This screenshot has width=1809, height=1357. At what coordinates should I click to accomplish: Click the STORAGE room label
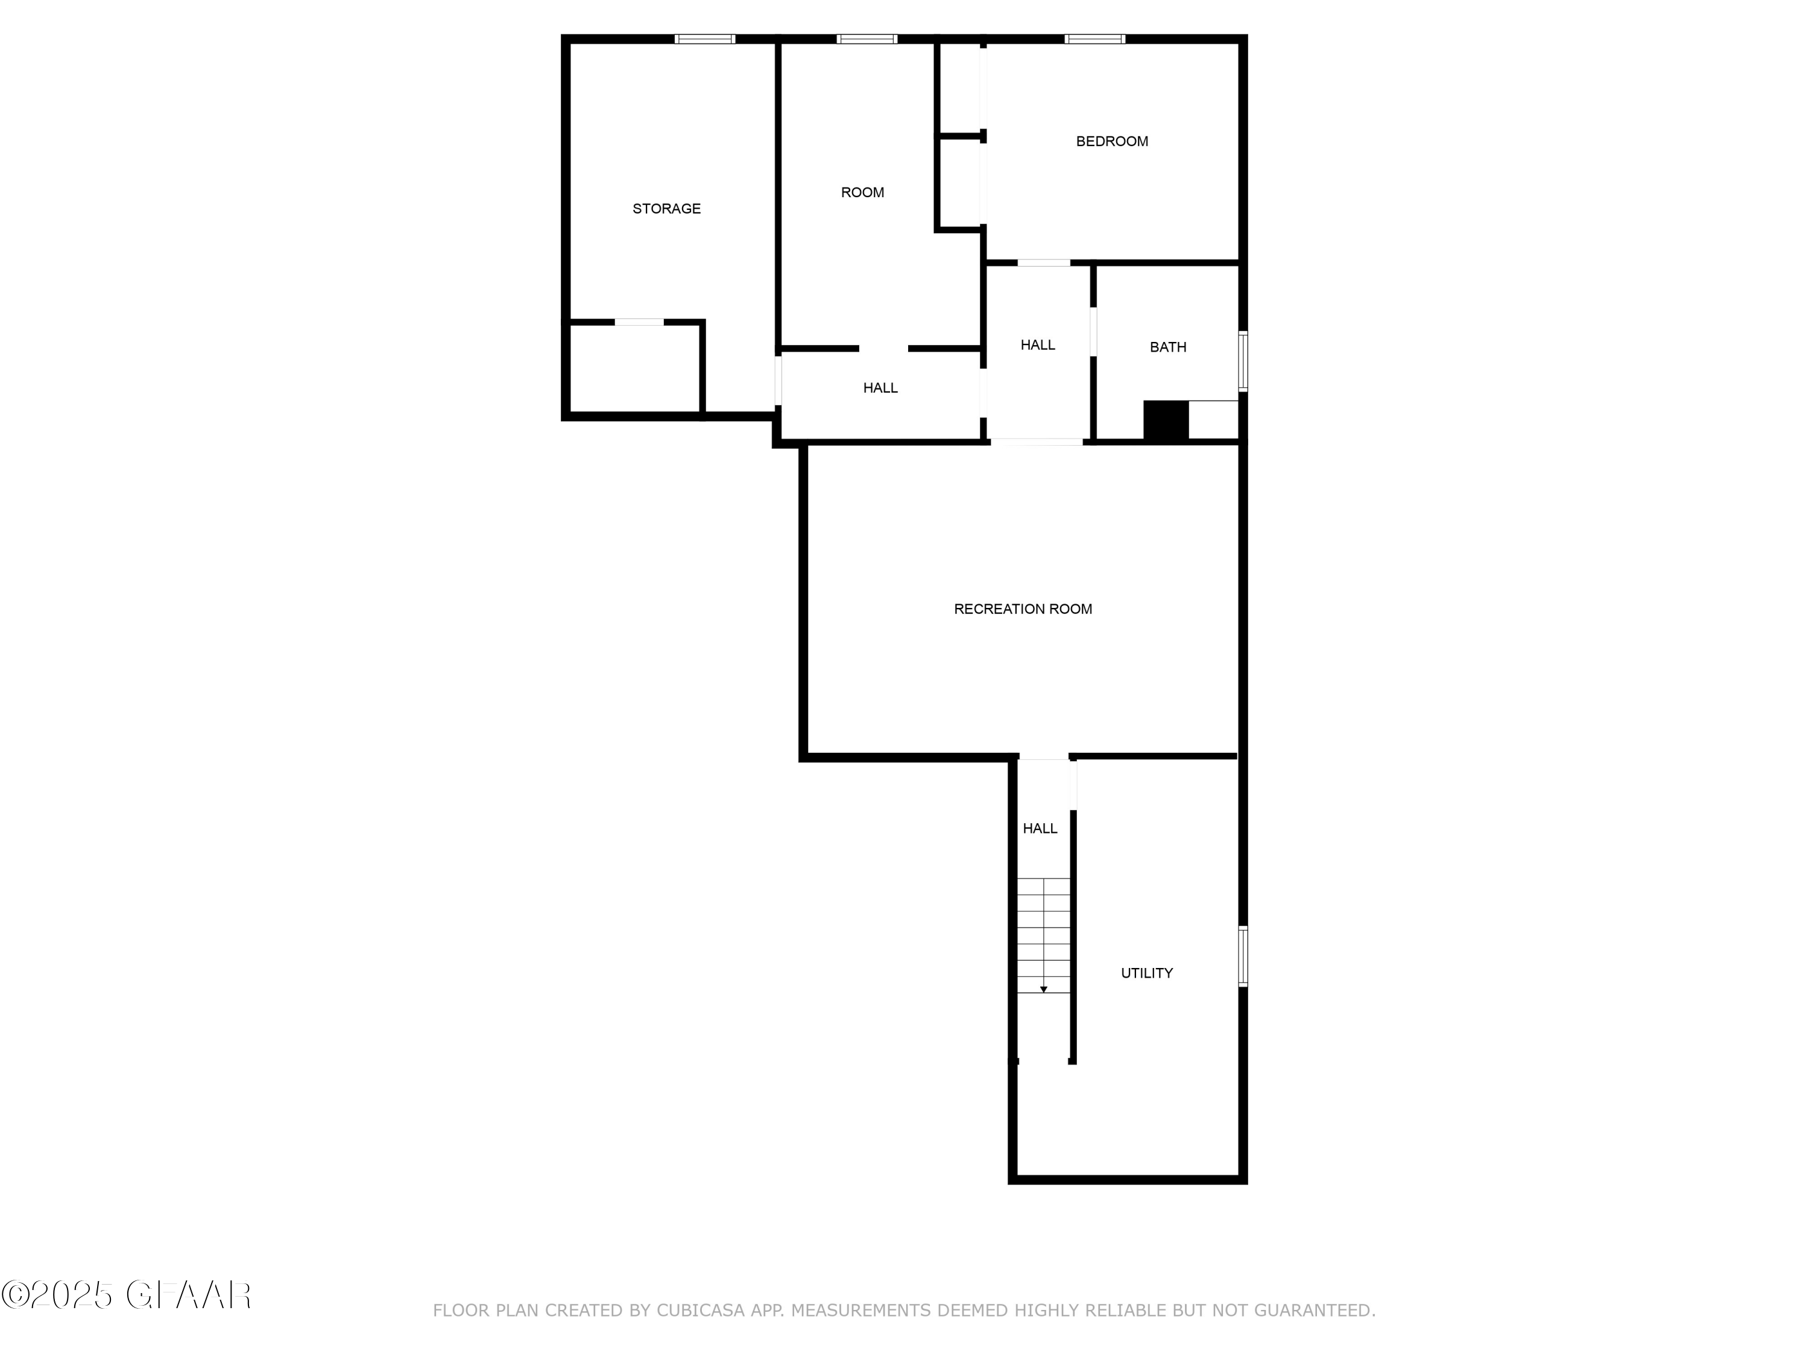[666, 209]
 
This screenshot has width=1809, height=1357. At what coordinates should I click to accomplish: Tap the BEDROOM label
[1111, 142]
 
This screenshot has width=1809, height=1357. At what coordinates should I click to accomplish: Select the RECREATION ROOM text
[1022, 609]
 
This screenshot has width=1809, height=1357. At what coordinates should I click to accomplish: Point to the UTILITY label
[1146, 973]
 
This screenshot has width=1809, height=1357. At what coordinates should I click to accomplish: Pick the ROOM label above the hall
[862, 192]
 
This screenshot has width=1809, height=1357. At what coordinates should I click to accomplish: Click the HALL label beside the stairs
[1040, 829]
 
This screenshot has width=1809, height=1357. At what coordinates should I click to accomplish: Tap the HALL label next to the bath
[1037, 345]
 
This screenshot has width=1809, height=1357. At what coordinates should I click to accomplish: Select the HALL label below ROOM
[880, 388]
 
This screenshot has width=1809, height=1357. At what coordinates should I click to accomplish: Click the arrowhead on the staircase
[1044, 990]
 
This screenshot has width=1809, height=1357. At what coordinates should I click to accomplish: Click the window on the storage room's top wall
[704, 39]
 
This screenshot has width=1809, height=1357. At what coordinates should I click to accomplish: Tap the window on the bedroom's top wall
[1094, 39]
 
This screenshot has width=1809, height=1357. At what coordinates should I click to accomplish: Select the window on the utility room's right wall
[1242, 956]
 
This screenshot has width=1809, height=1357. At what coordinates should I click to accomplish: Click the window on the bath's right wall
[1242, 361]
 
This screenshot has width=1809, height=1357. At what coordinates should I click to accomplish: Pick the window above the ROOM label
[866, 39]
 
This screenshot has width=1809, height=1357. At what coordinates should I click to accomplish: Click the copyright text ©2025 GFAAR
[127, 1295]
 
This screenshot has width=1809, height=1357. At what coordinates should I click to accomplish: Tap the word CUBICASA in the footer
[699, 1311]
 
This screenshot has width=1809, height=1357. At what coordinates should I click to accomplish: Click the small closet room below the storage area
[634, 368]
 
